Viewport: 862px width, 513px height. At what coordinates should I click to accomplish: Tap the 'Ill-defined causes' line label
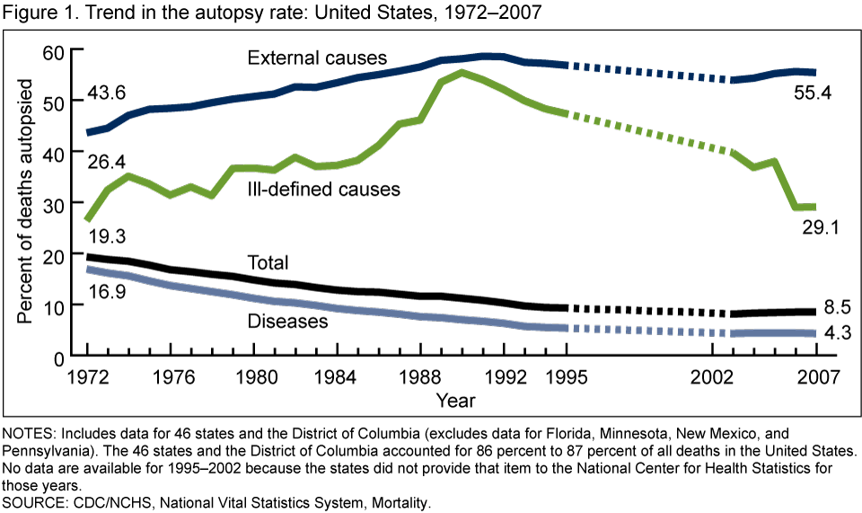[335, 190]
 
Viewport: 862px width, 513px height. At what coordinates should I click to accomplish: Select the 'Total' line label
[268, 262]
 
